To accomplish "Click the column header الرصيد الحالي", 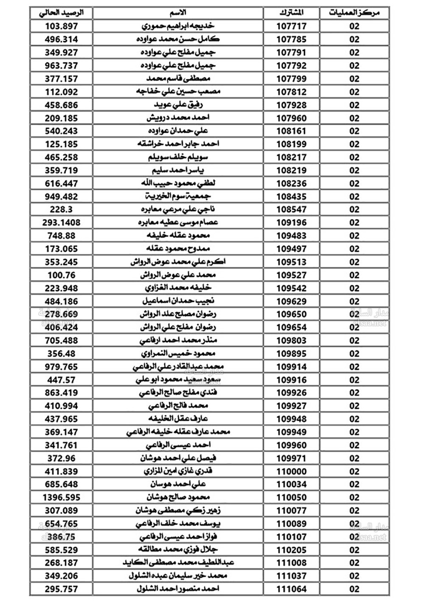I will [61, 13].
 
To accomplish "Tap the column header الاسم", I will [178, 13].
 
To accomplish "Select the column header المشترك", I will [291, 13].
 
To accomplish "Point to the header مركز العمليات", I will [354, 13].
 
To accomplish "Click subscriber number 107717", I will [291, 26].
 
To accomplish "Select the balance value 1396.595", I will [61, 497].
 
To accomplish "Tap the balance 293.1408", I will [61, 222].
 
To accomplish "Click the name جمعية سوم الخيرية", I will [178, 196].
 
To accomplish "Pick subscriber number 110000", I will [291, 471].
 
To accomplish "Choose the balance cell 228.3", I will [61, 209].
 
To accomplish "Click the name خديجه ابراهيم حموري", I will [178, 26].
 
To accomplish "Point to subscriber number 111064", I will [291, 589].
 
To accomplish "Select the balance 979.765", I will [61, 366].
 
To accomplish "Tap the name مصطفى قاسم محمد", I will [178, 79].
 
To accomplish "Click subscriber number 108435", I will [291, 197].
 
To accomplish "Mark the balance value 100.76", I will [61, 275].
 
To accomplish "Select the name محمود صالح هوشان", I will [178, 497].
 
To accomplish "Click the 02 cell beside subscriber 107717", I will [354, 26].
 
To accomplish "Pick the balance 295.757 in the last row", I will [61, 589].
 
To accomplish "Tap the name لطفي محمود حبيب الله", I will [178, 183].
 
